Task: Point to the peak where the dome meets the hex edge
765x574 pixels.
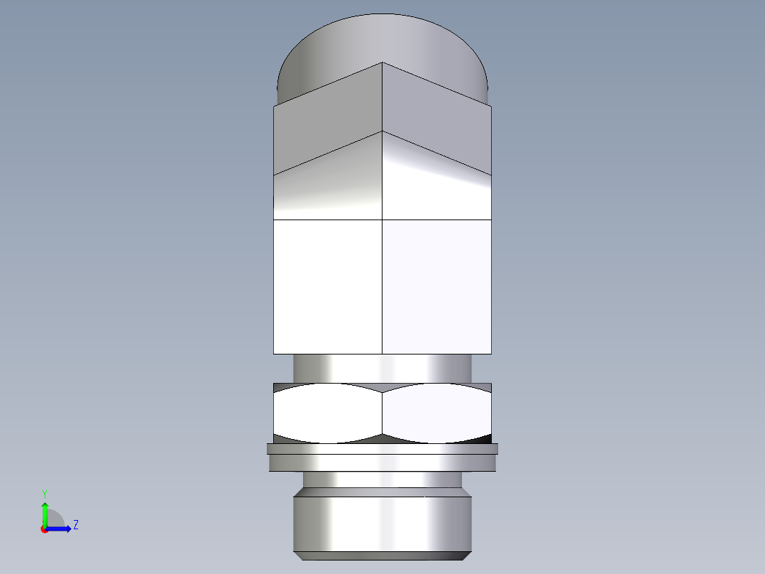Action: tap(382, 63)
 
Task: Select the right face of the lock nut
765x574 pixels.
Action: tap(436, 413)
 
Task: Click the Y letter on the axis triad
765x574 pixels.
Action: tap(44, 493)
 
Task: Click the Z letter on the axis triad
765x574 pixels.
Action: tap(76, 525)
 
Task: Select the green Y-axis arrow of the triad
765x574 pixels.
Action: tap(45, 513)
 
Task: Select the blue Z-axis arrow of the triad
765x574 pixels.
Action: tap(60, 529)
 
